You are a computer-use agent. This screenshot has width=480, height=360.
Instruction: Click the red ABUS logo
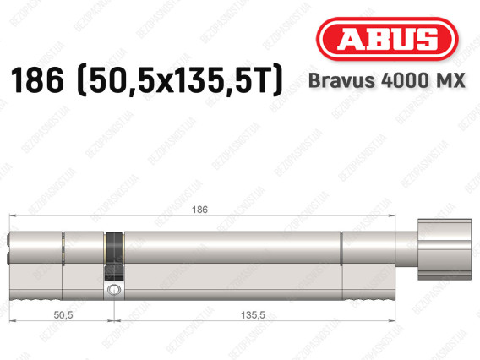387,39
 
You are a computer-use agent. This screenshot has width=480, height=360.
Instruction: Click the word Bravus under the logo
341,80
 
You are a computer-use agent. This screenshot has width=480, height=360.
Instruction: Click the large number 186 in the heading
37,80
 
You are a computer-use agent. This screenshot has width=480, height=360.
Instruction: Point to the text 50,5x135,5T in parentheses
180,80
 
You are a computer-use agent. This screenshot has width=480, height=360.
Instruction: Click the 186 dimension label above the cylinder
199,210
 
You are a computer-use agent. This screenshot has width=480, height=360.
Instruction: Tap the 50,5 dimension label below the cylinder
63,314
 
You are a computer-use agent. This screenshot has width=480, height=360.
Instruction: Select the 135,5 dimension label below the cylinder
253,314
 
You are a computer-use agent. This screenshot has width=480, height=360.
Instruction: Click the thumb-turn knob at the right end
445,249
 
